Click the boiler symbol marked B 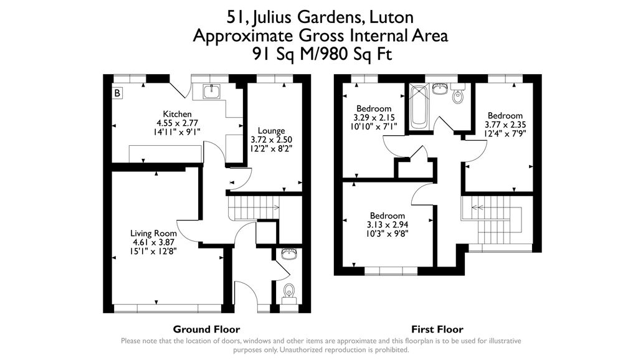point(118,93)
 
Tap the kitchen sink point(211,92)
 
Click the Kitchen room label point(177,114)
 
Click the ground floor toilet point(289,291)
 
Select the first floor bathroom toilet point(459,96)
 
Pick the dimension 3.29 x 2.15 point(374,118)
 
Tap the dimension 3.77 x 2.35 point(505,125)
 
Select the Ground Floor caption point(206,329)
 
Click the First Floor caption point(437,329)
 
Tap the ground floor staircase point(252,207)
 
